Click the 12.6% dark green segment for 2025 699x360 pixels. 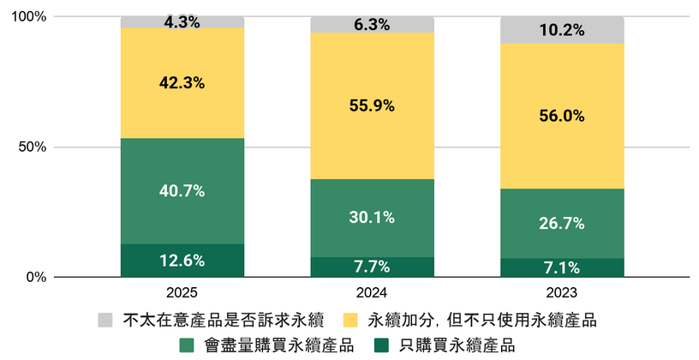click(x=182, y=261)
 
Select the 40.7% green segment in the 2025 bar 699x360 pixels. click(x=182, y=190)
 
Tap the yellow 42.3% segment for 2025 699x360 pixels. click(x=182, y=83)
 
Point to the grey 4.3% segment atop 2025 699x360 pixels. click(x=182, y=22)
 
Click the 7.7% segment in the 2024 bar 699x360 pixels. click(x=372, y=267)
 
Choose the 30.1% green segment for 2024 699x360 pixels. click(x=372, y=218)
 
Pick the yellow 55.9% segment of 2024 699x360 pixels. click(x=372, y=105)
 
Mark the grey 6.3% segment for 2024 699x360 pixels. click(x=372, y=25)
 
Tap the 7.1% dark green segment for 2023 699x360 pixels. click(x=562, y=267)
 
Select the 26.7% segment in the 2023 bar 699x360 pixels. click(x=562, y=223)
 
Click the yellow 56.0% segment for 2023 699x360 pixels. click(x=562, y=116)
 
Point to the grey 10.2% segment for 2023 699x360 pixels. click(x=562, y=30)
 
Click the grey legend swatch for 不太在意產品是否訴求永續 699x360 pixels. click(x=105, y=321)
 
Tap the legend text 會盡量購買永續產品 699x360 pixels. click(x=279, y=345)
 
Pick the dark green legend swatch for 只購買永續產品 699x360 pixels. click(x=383, y=345)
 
